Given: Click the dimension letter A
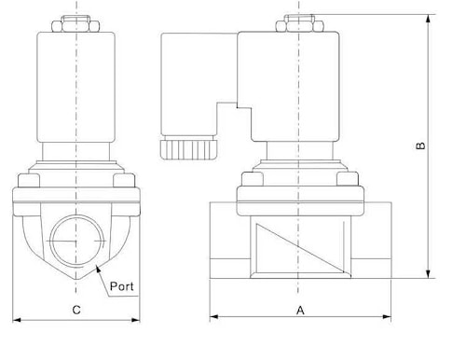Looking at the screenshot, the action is click(300, 310).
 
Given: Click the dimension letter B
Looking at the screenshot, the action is click(420, 145).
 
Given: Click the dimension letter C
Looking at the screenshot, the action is click(76, 310).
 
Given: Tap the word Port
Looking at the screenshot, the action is click(122, 286).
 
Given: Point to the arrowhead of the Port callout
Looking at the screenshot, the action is click(98, 269).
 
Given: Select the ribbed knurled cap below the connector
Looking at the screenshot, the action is click(188, 150).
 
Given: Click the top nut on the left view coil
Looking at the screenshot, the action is click(75, 23).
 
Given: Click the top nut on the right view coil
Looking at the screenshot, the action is click(300, 23).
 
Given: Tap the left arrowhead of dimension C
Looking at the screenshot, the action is click(16, 320).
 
